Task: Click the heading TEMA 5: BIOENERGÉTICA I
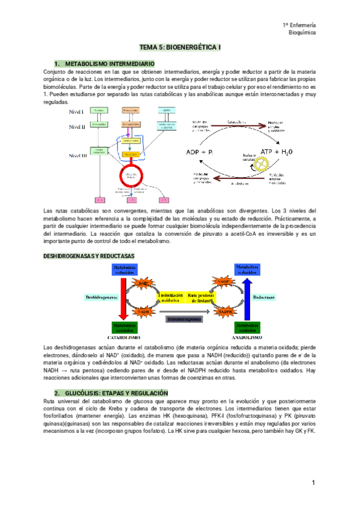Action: [x=179, y=46]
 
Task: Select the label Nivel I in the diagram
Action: [x=77, y=112]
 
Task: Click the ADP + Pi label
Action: [x=203, y=152]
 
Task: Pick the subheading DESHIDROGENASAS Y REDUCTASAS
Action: [x=89, y=256]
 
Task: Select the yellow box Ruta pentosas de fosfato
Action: [x=200, y=298]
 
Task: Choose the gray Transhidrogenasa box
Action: [x=184, y=319]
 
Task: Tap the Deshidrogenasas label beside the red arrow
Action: [x=101, y=297]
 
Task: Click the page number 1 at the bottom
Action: [x=313, y=483]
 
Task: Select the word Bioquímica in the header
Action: [x=303, y=33]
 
